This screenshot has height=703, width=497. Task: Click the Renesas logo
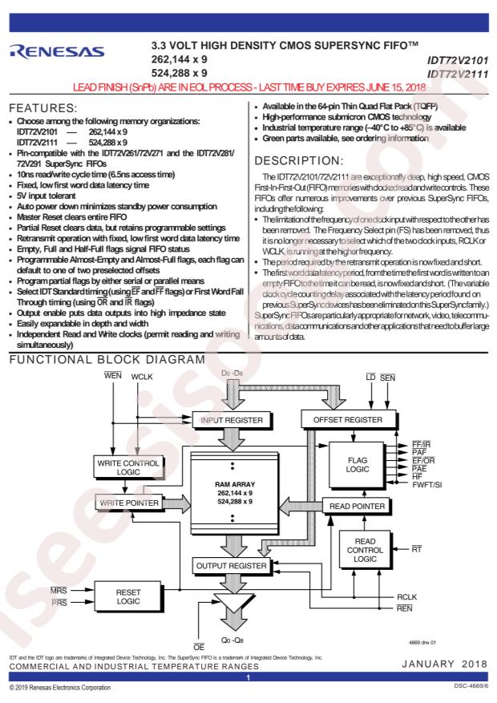tap(57, 51)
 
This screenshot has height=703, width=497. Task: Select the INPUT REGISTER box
tap(232, 420)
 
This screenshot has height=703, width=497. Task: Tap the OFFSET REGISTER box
tap(348, 420)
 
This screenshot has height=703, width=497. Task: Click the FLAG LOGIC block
tap(358, 465)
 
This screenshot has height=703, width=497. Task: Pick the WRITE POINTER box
tap(129, 503)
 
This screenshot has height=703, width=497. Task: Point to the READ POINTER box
tap(358, 506)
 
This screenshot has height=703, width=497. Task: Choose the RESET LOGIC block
tap(128, 596)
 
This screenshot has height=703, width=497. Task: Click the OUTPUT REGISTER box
tap(231, 566)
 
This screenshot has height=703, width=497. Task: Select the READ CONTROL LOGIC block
tap(366, 550)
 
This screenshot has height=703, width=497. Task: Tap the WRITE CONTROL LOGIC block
tap(128, 467)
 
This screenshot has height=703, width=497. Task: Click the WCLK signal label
tap(142, 377)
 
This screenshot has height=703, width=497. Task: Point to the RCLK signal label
tap(407, 596)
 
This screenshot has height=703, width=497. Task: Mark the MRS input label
tap(59, 591)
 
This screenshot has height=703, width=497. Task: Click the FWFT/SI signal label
tap(427, 485)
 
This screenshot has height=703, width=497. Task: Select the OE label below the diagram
tap(199, 647)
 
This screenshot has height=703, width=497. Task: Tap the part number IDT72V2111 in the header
tap(458, 74)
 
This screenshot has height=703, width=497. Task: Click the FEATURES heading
tap(43, 108)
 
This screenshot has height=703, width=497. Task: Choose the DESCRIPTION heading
tap(299, 160)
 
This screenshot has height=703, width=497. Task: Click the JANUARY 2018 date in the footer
tap(445, 664)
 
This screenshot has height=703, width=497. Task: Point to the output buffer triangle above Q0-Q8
tap(233, 602)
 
